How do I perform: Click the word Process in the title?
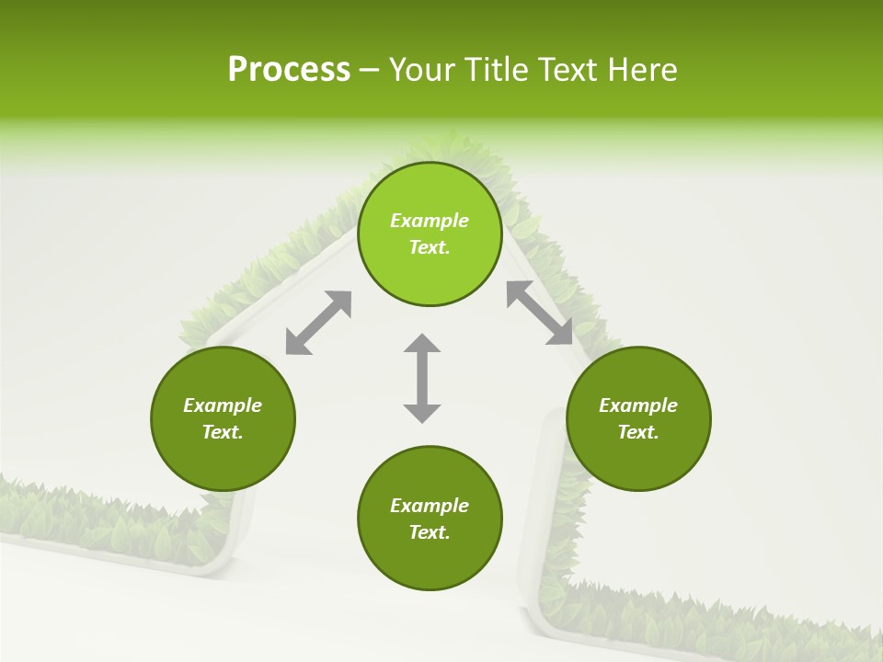(289, 70)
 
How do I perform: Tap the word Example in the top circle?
(430, 221)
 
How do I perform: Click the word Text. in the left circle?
(223, 432)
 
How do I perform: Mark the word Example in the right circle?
(638, 405)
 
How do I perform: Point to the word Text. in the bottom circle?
(430, 532)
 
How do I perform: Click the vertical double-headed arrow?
(422, 378)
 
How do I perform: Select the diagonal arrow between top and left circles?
(318, 323)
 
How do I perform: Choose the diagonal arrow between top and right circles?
(540, 313)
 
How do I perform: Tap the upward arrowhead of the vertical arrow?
(422, 345)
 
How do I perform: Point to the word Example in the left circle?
(223, 405)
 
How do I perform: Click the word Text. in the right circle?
(638, 432)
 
